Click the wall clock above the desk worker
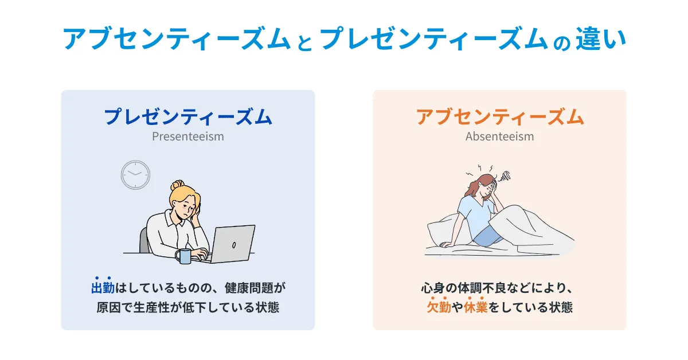pos(135,175)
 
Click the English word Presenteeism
pos(187,137)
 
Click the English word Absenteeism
pos(499,137)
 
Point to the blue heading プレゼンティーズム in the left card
pos(187,117)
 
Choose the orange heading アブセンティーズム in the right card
pos(499,117)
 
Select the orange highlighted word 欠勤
pos(440,307)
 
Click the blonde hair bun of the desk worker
pos(177,186)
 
